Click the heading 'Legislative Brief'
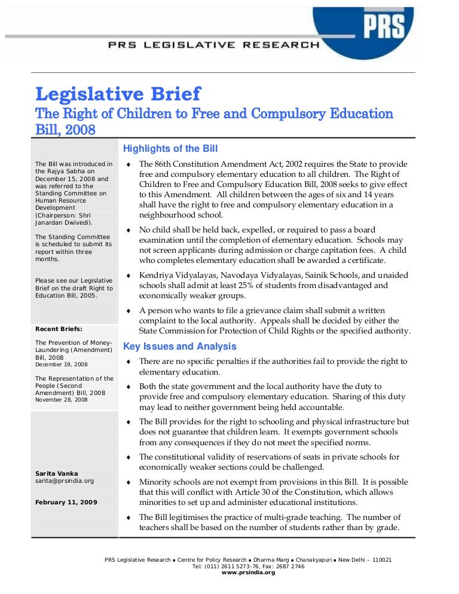[118, 94]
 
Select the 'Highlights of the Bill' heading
[170, 149]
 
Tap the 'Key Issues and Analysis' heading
[179, 347]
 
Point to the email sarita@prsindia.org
[65, 480]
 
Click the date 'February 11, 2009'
[66, 503]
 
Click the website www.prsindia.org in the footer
[248, 572]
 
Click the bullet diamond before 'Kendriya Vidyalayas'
[129, 275]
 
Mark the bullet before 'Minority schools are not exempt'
[129, 482]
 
